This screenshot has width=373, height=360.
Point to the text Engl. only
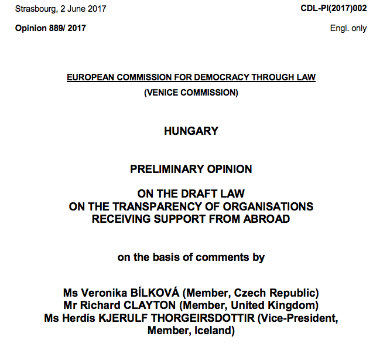(x=348, y=28)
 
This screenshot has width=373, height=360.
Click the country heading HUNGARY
(x=191, y=131)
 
